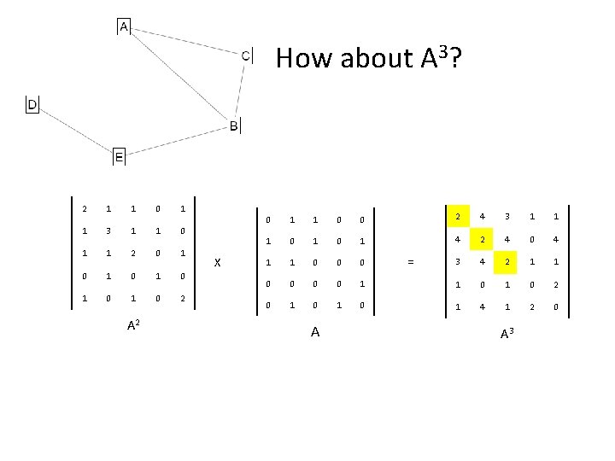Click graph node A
click(x=124, y=27)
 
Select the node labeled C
click(x=246, y=55)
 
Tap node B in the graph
click(x=234, y=126)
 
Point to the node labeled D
click(x=32, y=104)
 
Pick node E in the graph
click(x=119, y=157)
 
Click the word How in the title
click(x=297, y=58)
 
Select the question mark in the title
click(x=456, y=58)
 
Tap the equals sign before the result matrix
click(x=412, y=263)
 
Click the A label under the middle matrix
click(x=315, y=331)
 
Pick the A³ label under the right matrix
click(x=507, y=334)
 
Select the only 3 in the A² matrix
click(x=107, y=231)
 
